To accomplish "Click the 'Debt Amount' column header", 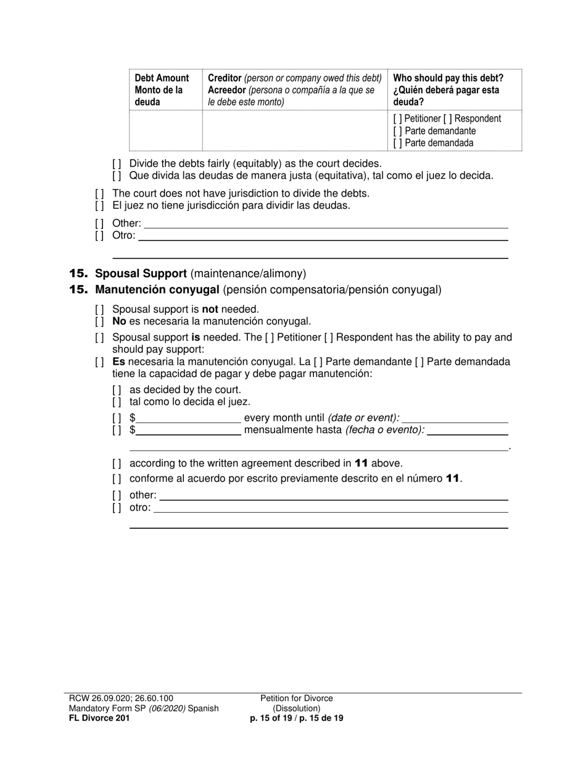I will [x=162, y=78].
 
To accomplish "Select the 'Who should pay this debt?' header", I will [x=448, y=78].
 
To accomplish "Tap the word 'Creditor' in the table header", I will [x=225, y=78].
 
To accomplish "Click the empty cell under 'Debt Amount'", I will [x=165, y=131].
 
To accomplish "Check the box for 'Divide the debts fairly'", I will [x=117, y=164].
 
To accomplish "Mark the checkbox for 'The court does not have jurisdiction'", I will [x=99, y=193].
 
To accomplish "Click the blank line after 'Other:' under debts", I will [x=325, y=223].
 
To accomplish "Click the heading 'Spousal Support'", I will [x=141, y=273].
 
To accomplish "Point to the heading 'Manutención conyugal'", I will [x=157, y=289].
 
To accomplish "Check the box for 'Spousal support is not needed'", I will [x=99, y=309].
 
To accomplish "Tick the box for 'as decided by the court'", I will [x=117, y=390].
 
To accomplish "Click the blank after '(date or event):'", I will [x=455, y=418].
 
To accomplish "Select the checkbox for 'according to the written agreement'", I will [x=117, y=463].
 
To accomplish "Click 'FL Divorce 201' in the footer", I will [x=99, y=718].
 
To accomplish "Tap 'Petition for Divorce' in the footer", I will [x=296, y=699].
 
